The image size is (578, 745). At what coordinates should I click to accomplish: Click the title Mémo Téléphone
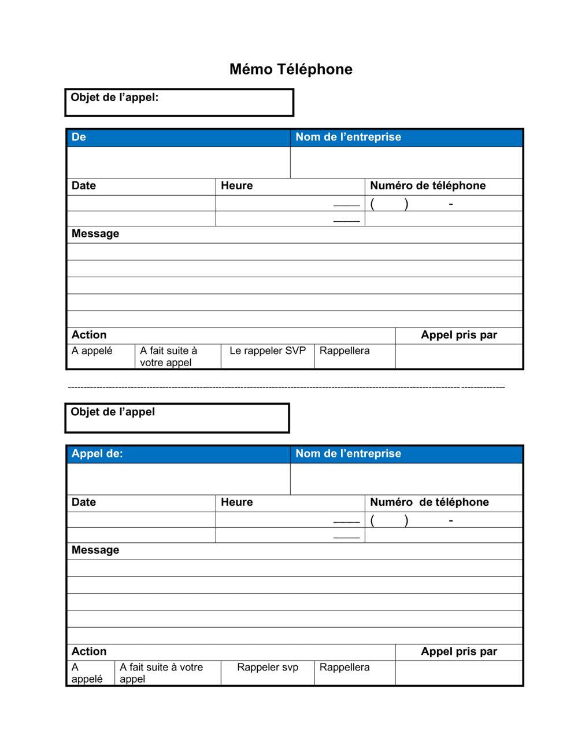(x=291, y=69)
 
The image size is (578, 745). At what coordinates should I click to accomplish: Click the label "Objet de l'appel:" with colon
(x=114, y=98)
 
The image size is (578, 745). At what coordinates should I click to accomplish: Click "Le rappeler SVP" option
(x=268, y=351)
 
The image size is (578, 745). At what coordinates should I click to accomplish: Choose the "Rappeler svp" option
(x=268, y=668)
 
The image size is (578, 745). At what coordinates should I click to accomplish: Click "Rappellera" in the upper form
(x=344, y=351)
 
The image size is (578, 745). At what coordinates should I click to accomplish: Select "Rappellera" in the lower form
(x=344, y=668)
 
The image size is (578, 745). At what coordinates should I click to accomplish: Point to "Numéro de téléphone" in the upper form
(x=428, y=186)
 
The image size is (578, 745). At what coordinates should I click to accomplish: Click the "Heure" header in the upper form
(x=237, y=186)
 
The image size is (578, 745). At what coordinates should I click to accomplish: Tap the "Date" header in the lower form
(x=84, y=502)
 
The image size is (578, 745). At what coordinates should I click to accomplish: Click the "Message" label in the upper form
(x=95, y=234)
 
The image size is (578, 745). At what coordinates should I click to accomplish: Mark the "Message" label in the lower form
(x=95, y=550)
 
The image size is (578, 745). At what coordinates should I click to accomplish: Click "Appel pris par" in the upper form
(x=459, y=336)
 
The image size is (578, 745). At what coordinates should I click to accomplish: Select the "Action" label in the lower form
(x=89, y=652)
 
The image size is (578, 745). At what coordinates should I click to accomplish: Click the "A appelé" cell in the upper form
(x=92, y=351)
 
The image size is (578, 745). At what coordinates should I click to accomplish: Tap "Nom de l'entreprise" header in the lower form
(x=348, y=454)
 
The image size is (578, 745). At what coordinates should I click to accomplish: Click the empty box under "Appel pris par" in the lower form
(x=459, y=673)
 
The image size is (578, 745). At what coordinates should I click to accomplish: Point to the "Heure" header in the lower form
(x=237, y=502)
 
